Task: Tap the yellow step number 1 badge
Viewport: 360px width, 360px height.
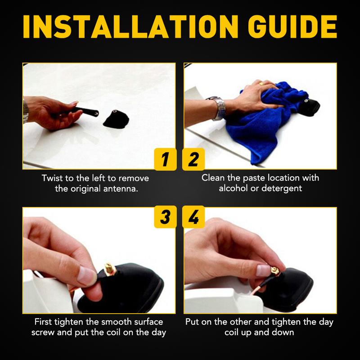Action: (165, 159)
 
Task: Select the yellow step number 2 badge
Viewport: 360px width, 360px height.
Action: (193, 159)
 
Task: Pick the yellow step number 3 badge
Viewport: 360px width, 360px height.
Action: (165, 217)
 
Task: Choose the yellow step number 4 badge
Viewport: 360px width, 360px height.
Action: (193, 217)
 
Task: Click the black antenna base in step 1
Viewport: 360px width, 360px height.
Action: (116, 119)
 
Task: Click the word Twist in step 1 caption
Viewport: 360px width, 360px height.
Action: (53, 178)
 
